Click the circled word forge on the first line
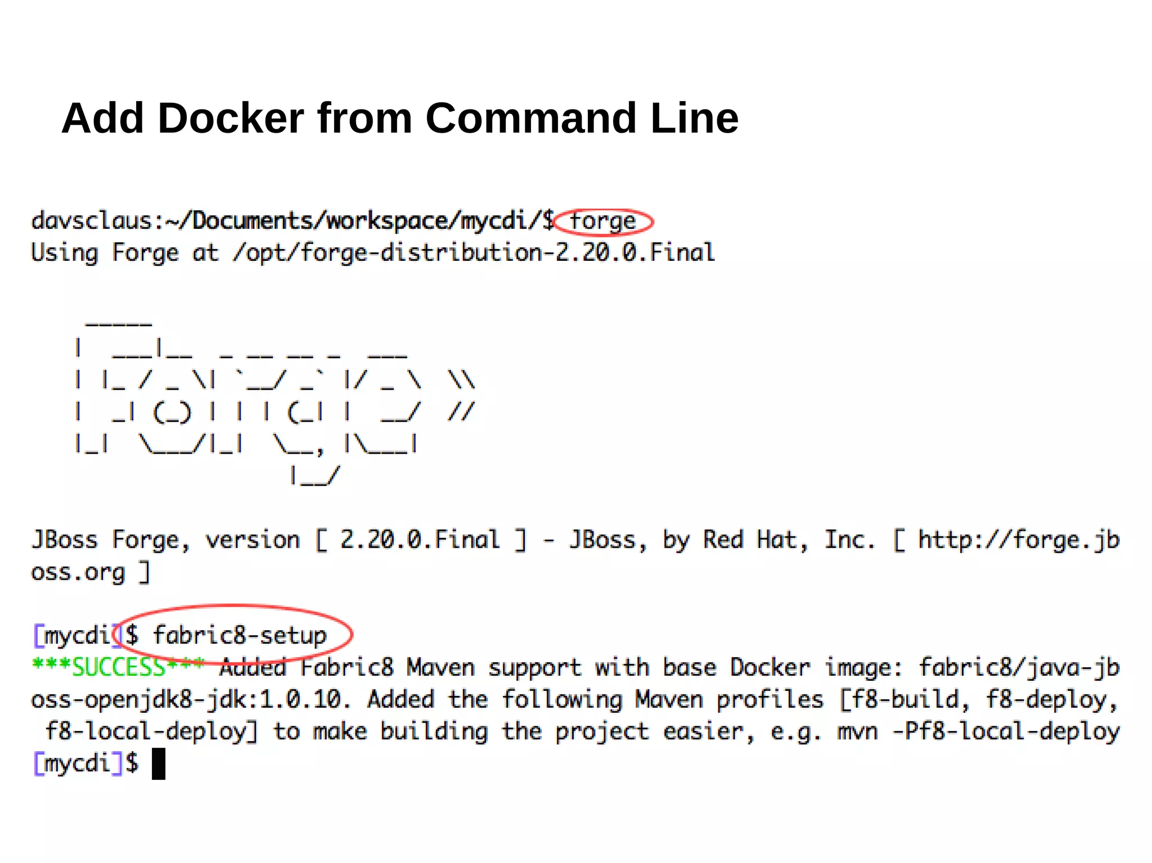[x=602, y=221]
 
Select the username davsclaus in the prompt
[x=91, y=220]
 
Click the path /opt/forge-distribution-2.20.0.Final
[x=474, y=253]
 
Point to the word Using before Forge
[x=65, y=253]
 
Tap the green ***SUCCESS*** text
[x=118, y=667]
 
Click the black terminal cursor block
[x=159, y=763]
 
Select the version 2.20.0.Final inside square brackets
[x=420, y=540]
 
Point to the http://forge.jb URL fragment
[x=1019, y=540]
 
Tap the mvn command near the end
[x=857, y=731]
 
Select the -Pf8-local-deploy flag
[x=1006, y=731]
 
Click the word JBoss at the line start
[x=65, y=540]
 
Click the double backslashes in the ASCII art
[x=461, y=380]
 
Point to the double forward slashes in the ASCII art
[x=461, y=412]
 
